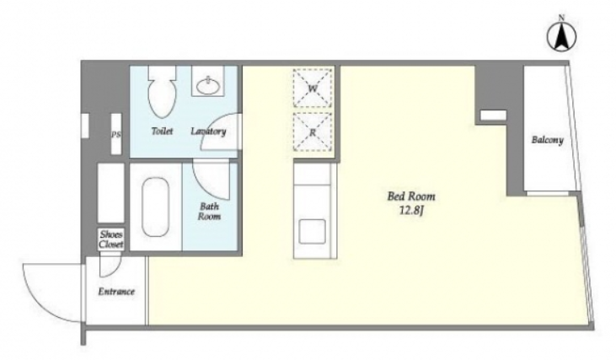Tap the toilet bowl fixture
pyautogui.click(x=162, y=92)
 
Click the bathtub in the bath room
pyautogui.click(x=156, y=207)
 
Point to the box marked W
pyautogui.click(x=313, y=88)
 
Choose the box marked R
pyautogui.click(x=313, y=132)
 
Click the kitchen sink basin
pyautogui.click(x=313, y=232)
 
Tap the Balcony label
pyautogui.click(x=547, y=140)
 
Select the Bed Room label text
pyautogui.click(x=411, y=196)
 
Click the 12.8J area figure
pyautogui.click(x=411, y=211)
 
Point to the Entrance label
pyautogui.click(x=116, y=292)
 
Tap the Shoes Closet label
pyautogui.click(x=111, y=239)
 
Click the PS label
pyautogui.click(x=116, y=135)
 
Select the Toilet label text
pyautogui.click(x=162, y=131)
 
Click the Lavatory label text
pyautogui.click(x=208, y=132)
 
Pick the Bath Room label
pyautogui.click(x=209, y=212)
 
